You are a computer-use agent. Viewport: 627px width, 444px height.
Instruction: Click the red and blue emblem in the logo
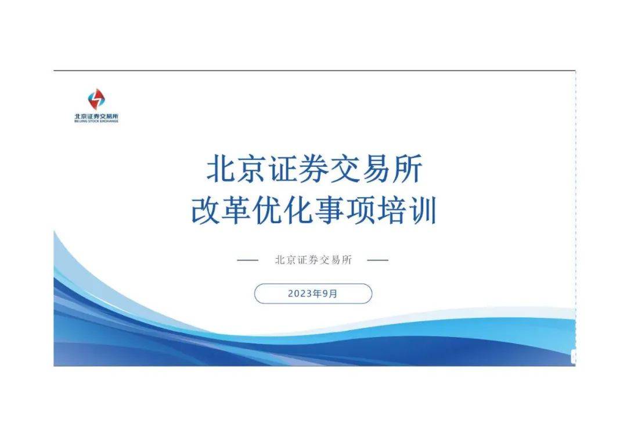pos(96,100)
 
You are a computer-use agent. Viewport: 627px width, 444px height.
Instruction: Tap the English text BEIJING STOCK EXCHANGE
pos(96,121)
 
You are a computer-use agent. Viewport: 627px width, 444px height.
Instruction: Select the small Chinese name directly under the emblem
pos(96,116)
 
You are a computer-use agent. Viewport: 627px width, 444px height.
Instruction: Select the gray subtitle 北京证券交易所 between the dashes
pos(313,260)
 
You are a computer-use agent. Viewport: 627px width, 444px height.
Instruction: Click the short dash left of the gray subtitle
pos(247,260)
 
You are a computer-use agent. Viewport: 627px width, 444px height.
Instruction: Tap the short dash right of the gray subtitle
pos(378,260)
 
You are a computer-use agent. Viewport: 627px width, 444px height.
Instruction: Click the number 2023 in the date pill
pos(300,294)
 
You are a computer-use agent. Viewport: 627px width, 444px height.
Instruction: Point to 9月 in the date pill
pos(330,294)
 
